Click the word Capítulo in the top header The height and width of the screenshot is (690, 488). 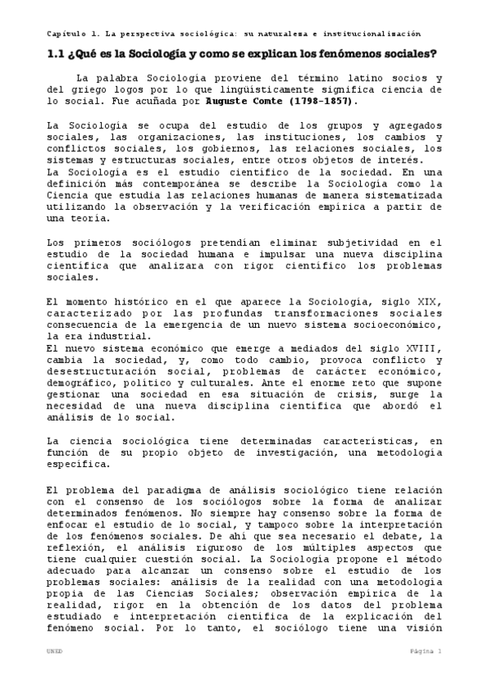pyautogui.click(x=64, y=33)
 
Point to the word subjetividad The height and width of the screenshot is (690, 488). pyautogui.click(x=345, y=242)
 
